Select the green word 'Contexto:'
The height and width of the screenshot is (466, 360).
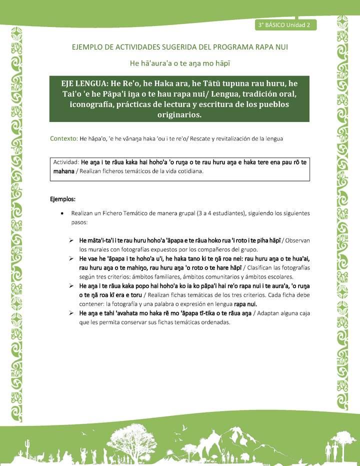(63, 138)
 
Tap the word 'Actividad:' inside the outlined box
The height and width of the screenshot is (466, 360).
(66, 162)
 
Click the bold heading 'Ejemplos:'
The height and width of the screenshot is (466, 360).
(62, 198)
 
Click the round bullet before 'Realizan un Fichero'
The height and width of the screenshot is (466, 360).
(61, 213)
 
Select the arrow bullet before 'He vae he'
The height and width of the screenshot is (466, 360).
(72, 258)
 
